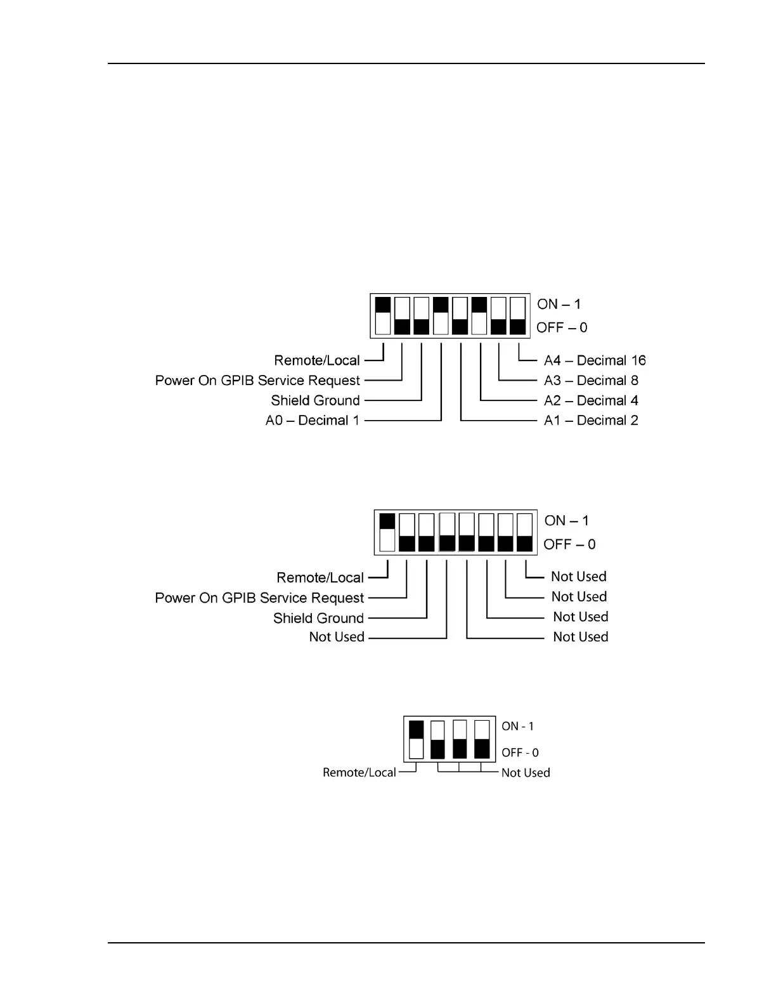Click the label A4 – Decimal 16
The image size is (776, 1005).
(594, 360)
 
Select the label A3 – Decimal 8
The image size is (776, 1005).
(590, 381)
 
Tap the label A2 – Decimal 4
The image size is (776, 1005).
(590, 400)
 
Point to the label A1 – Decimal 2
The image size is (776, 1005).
(590, 420)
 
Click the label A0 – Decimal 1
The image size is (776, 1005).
(312, 420)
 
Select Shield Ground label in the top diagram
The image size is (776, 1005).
(315, 400)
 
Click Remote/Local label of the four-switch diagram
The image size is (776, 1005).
(359, 772)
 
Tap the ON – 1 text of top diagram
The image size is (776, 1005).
(559, 305)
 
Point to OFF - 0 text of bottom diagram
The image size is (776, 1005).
(520, 752)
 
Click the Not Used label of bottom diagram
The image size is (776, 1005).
(525, 773)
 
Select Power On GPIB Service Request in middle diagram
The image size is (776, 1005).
(259, 598)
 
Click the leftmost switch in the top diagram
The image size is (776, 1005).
(383, 315)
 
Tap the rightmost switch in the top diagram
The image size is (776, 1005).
(518, 315)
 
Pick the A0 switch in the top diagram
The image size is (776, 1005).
(441, 315)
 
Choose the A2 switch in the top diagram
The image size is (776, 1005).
(479, 315)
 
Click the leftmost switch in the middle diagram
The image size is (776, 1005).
(387, 532)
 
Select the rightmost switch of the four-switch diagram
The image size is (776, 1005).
(482, 739)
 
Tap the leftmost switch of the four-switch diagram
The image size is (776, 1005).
(416, 739)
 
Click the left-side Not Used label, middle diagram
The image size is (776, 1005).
(336, 637)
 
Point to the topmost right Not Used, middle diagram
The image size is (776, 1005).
(578, 577)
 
